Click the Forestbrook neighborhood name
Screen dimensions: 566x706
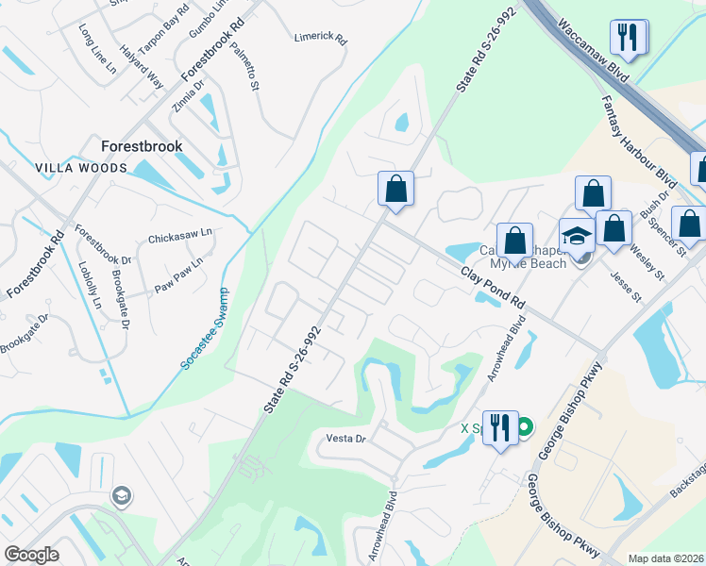tap(142, 146)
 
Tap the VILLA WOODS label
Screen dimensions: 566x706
tap(80, 168)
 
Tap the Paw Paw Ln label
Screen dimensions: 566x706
tap(179, 275)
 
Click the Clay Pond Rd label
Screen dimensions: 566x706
tap(493, 289)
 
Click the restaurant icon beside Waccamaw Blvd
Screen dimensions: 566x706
tap(626, 38)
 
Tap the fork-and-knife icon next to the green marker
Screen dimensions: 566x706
tap(499, 427)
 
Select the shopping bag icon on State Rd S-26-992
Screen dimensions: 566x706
tap(396, 187)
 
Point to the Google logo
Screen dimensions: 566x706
tap(32, 555)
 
